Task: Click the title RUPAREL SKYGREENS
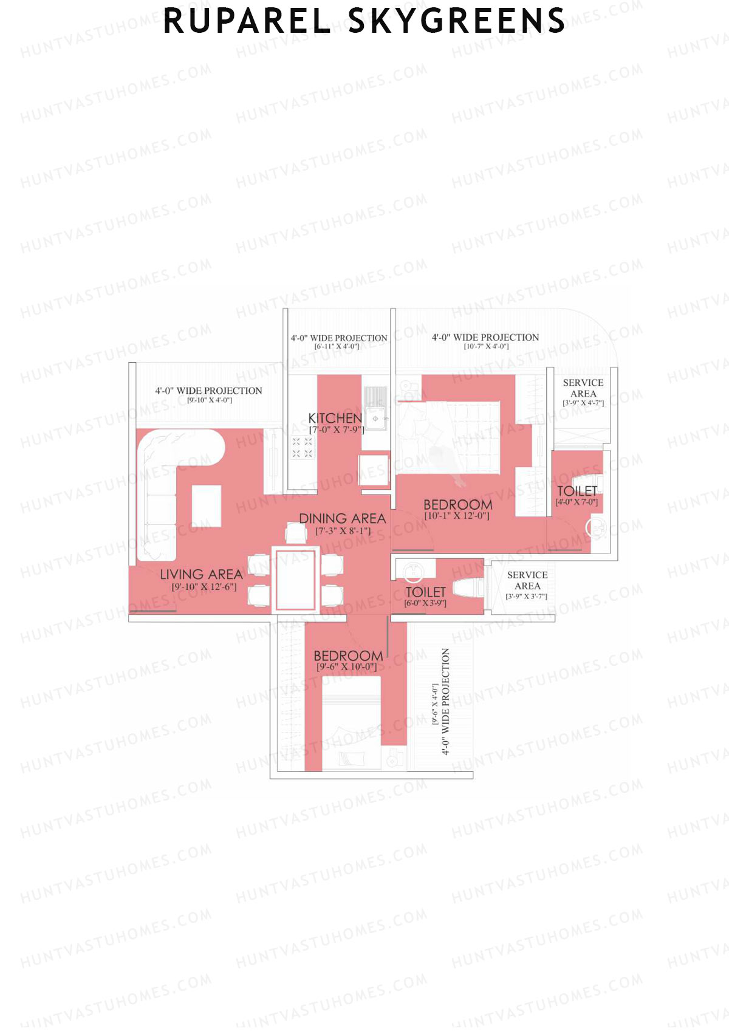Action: click(x=364, y=21)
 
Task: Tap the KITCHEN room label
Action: click(x=335, y=418)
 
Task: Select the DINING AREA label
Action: click(x=342, y=518)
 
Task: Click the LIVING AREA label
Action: click(x=201, y=574)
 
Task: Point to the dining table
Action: click(x=296, y=579)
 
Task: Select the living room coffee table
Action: click(x=207, y=506)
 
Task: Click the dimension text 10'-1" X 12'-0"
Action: click(x=457, y=516)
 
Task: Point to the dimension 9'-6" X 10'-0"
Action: click(x=346, y=667)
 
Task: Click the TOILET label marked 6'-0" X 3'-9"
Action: click(x=425, y=592)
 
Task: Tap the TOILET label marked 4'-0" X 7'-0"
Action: click(x=577, y=491)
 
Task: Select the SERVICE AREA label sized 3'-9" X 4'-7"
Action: click(x=583, y=388)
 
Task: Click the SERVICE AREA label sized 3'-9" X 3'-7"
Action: click(x=527, y=580)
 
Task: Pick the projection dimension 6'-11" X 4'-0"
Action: click(x=337, y=346)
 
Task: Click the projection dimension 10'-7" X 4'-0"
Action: click(x=486, y=346)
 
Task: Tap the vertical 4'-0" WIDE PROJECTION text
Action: click(x=446, y=702)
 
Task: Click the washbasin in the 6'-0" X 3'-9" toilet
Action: click(x=413, y=570)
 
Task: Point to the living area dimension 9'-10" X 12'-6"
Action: click(x=204, y=587)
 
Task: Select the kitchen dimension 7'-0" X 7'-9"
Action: click(x=336, y=430)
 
